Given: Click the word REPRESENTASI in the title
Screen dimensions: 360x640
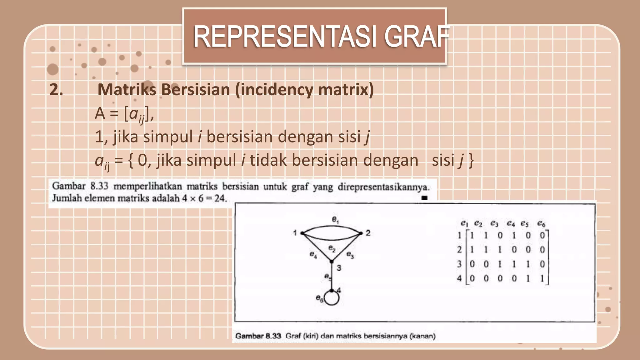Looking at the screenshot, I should click(284, 37).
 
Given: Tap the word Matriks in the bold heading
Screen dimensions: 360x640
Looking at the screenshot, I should click(127, 90).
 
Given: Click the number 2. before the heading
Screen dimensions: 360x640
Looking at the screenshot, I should click(56, 90).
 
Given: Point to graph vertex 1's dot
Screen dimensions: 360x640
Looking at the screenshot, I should click(302, 233).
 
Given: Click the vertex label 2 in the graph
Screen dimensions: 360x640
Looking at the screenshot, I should click(368, 233).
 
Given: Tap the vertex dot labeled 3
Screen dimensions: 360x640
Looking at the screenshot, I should click(332, 262).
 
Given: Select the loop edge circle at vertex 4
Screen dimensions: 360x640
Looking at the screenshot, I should click(332, 298).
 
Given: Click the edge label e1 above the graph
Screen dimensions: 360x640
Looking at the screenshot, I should click(335, 220).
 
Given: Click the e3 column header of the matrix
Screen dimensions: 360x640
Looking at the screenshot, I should click(494, 223).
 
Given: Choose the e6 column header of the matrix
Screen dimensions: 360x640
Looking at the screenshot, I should click(541, 223).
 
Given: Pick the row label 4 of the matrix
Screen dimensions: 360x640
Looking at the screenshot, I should click(459, 278).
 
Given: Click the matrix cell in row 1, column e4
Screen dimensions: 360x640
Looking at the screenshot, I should click(514, 235).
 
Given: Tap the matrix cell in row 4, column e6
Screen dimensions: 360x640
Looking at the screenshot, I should click(542, 278).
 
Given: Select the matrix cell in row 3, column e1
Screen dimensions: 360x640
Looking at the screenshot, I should click(472, 264).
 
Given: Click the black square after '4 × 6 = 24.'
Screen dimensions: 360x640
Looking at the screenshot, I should click(424, 198).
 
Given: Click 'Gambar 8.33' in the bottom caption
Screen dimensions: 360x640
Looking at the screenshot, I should click(258, 336).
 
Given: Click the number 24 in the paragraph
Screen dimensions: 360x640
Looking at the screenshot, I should click(220, 198).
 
